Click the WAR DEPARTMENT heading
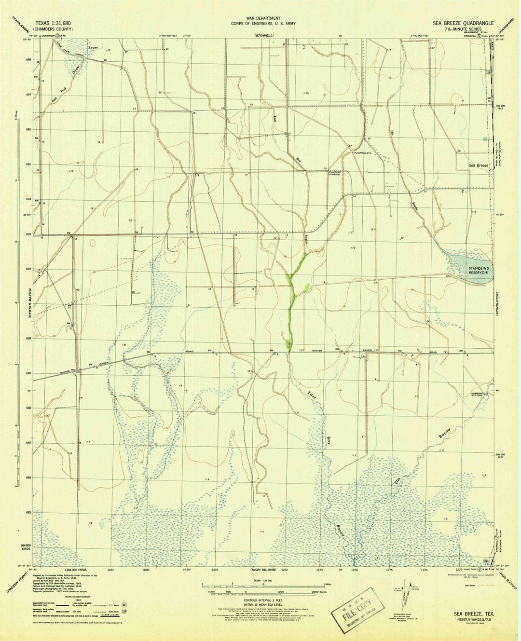tap(262, 18)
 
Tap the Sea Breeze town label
tap(480, 165)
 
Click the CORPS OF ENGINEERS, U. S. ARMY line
tap(262, 23)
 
